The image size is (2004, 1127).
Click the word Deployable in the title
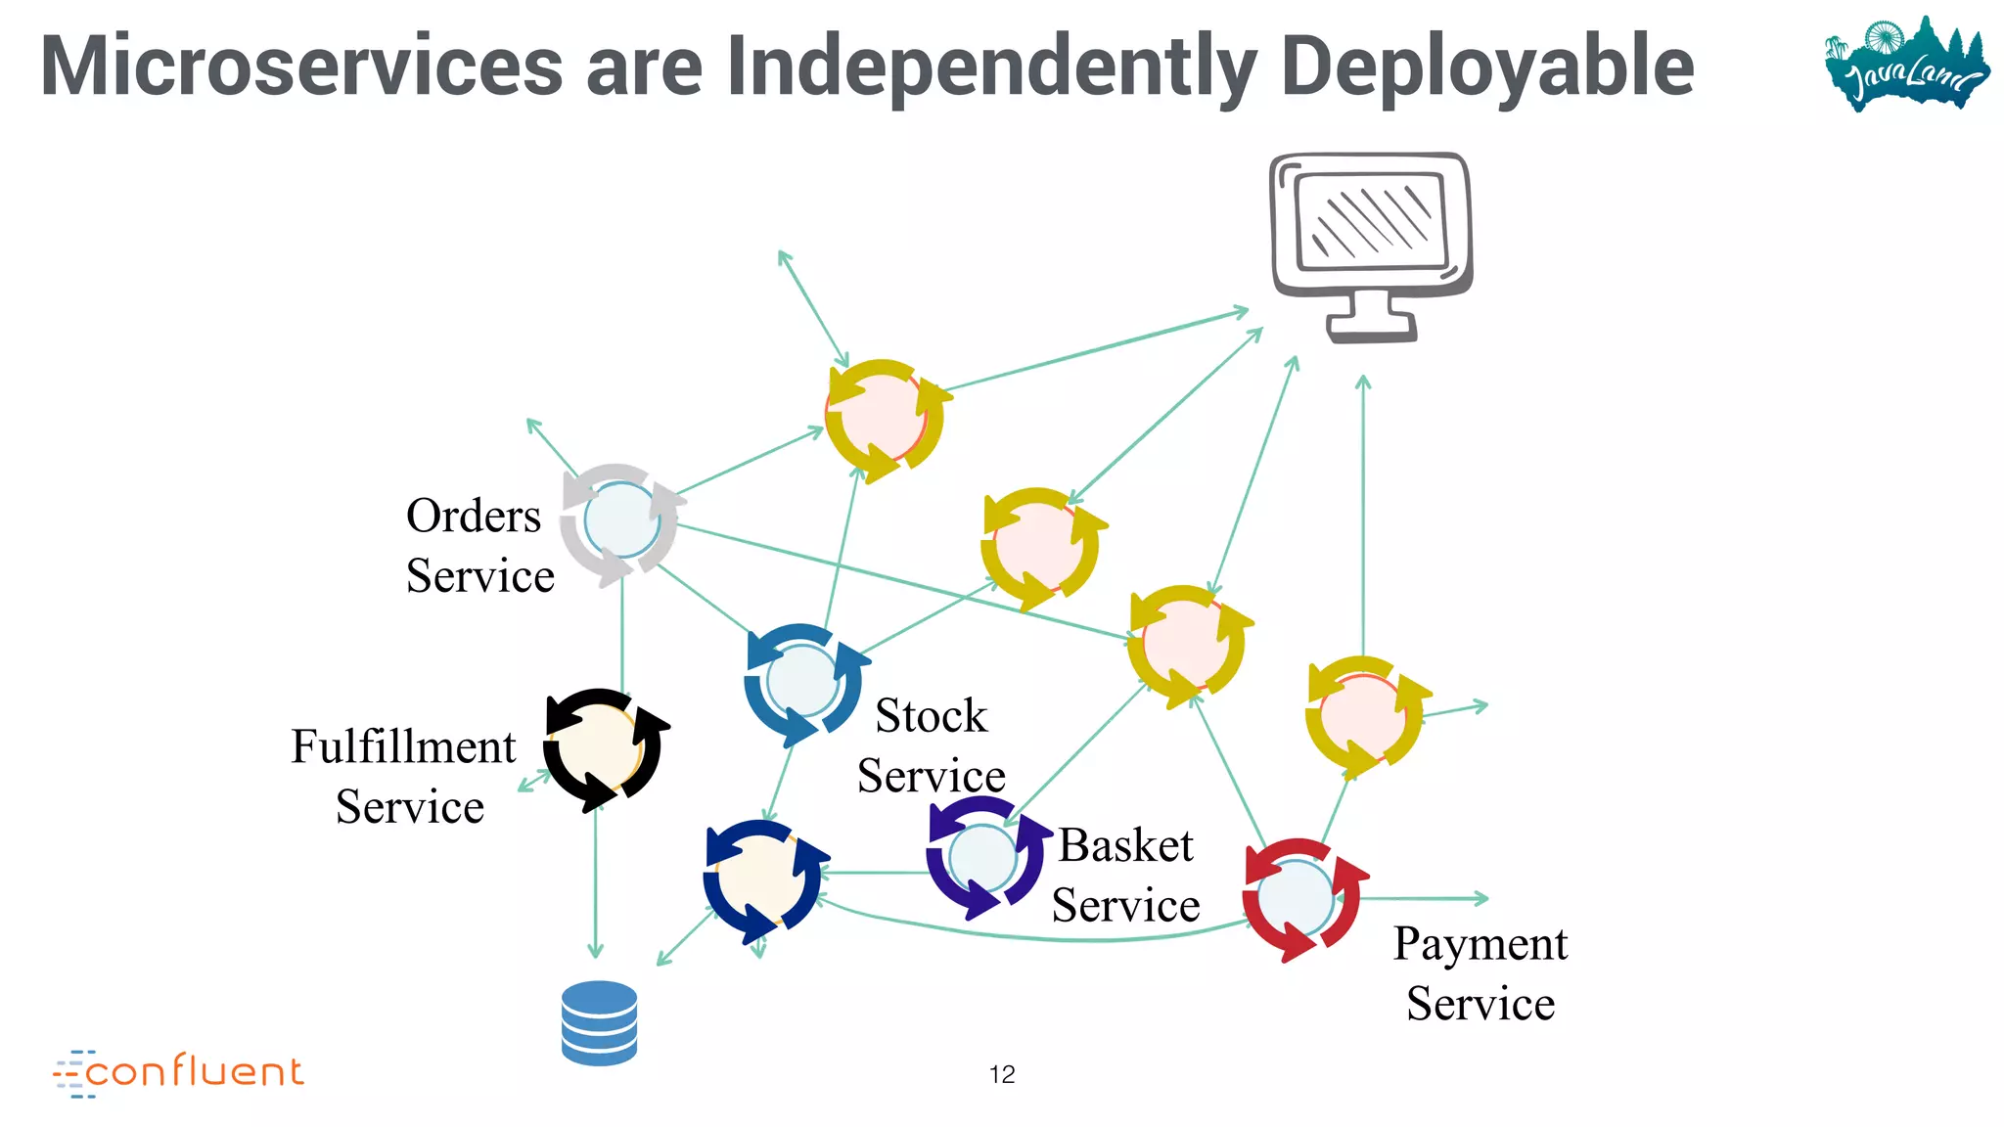pyautogui.click(x=1486, y=67)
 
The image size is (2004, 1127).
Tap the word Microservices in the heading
pyautogui.click(x=301, y=67)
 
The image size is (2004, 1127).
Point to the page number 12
pyautogui.click(x=1002, y=1074)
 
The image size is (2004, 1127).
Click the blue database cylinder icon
pyautogui.click(x=599, y=1022)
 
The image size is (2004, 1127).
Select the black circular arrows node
pyautogui.click(x=601, y=748)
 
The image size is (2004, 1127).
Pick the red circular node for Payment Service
pyautogui.click(x=1298, y=898)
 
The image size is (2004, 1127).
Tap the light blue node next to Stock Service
pyautogui.click(x=802, y=681)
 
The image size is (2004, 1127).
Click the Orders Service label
pyautogui.click(x=478, y=545)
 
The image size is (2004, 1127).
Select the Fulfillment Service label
pyautogui.click(x=405, y=776)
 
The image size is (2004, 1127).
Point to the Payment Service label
pyautogui.click(x=1480, y=973)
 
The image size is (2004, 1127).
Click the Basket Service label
pyautogui.click(x=1125, y=875)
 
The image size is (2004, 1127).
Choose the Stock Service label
pyautogui.click(x=931, y=745)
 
